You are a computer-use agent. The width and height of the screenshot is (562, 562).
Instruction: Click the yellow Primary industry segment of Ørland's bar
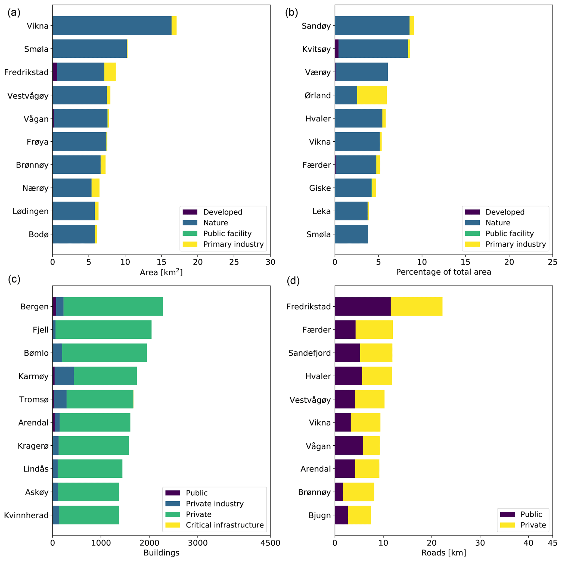pos(372,95)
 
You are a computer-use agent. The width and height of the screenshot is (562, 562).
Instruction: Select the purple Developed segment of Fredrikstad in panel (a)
pos(55,72)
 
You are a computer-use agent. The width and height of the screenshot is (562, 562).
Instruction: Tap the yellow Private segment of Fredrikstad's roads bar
pos(416,306)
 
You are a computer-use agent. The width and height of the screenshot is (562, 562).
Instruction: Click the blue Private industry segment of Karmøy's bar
pos(64,376)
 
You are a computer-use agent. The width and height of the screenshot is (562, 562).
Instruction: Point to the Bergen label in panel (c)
pos(34,307)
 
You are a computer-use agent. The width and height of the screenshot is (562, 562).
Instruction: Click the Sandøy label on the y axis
pos(316,26)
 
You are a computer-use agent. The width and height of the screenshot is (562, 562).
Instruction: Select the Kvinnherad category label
pos(26,515)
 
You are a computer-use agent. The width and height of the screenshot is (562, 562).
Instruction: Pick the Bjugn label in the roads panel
pos(320,515)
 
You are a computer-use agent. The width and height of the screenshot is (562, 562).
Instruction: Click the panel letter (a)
pos(14,13)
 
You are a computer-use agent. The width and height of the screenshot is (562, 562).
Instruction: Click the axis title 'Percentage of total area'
pos(444,272)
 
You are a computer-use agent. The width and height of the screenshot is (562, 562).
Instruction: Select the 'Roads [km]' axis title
pos(444,553)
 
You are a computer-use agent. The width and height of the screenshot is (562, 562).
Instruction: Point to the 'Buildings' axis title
pos(162,553)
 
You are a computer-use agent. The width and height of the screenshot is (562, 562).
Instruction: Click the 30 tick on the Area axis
pos(270,262)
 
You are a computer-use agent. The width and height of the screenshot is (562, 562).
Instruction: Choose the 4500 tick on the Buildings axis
pos(270,543)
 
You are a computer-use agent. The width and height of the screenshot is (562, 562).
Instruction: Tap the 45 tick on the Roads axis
pos(552,543)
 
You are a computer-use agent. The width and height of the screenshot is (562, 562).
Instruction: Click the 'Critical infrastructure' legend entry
pos(225,525)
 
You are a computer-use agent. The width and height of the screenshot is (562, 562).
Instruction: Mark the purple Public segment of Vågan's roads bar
pos(349,445)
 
